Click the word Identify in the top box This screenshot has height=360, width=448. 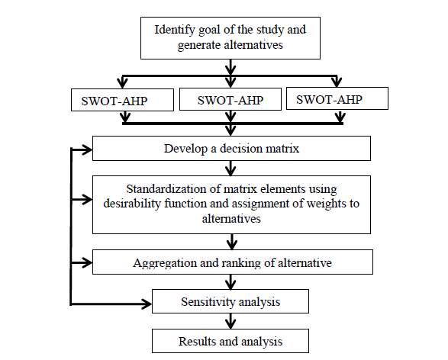[x=175, y=31]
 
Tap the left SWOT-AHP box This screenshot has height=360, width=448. [x=122, y=100]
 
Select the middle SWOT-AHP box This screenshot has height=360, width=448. [x=230, y=99]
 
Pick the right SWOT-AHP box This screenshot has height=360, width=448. [x=337, y=98]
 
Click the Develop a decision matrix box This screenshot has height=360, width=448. [x=231, y=149]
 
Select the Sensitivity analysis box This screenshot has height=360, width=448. [x=230, y=301]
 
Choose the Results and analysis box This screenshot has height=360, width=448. [x=230, y=341]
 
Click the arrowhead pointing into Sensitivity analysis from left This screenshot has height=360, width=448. [x=147, y=304]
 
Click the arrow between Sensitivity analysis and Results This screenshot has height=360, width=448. [x=230, y=321]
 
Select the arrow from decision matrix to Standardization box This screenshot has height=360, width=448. [x=230, y=168]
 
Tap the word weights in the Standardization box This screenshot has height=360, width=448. [x=325, y=204]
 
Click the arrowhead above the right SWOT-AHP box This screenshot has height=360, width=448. [x=337, y=82]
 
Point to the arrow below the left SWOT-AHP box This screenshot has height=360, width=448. [x=125, y=117]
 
